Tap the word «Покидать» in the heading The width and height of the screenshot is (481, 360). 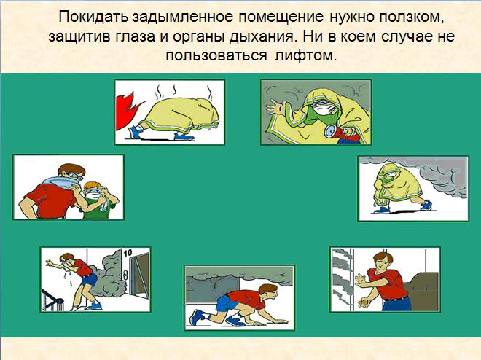(x=94, y=17)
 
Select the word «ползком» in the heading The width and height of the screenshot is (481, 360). (x=411, y=17)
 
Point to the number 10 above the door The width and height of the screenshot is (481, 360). (x=128, y=253)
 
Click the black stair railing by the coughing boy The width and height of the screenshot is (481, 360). (x=52, y=300)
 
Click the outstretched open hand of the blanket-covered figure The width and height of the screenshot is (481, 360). (x=275, y=108)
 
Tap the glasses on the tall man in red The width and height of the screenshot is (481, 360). (x=75, y=176)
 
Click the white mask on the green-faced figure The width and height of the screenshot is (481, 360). (x=324, y=110)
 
